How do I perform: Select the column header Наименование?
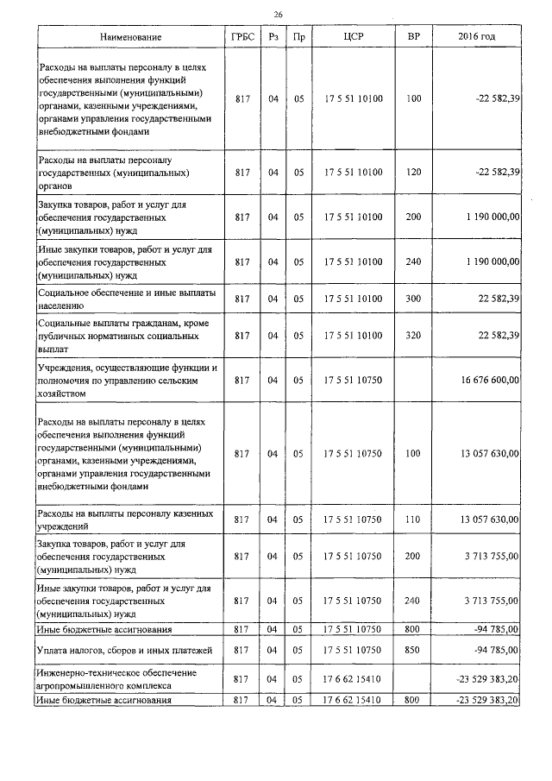130,38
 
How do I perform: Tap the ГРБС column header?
241,38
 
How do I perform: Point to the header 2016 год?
477,38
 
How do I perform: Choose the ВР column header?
413,38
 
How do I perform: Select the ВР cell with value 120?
413,173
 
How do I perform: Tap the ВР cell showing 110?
413,520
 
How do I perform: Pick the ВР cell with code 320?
413,335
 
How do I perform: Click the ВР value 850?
413,649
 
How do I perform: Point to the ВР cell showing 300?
413,299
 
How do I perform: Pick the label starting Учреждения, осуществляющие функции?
126,379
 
